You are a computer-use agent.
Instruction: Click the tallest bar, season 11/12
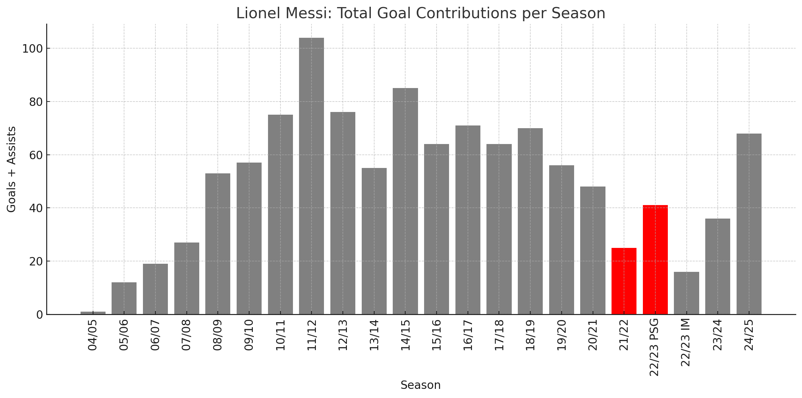[311, 175]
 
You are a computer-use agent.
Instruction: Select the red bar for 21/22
[624, 281]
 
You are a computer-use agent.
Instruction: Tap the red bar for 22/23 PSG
[655, 260]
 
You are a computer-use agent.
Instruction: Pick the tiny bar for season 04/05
[93, 313]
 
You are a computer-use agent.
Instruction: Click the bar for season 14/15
[405, 201]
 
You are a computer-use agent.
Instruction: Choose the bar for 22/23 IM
[686, 293]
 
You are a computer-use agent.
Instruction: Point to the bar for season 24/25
[749, 224]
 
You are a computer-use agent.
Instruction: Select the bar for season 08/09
[218, 244]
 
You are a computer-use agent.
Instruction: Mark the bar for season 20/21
[593, 250]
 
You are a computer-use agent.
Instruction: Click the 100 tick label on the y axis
[33, 49]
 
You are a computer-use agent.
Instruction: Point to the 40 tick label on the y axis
[36, 208]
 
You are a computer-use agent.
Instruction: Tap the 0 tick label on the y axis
[40, 315]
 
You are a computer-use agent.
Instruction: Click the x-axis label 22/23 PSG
[654, 347]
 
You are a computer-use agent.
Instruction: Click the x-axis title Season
[420, 385]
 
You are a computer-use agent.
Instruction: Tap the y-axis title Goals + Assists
[11, 169]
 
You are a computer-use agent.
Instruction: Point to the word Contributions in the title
[463, 13]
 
